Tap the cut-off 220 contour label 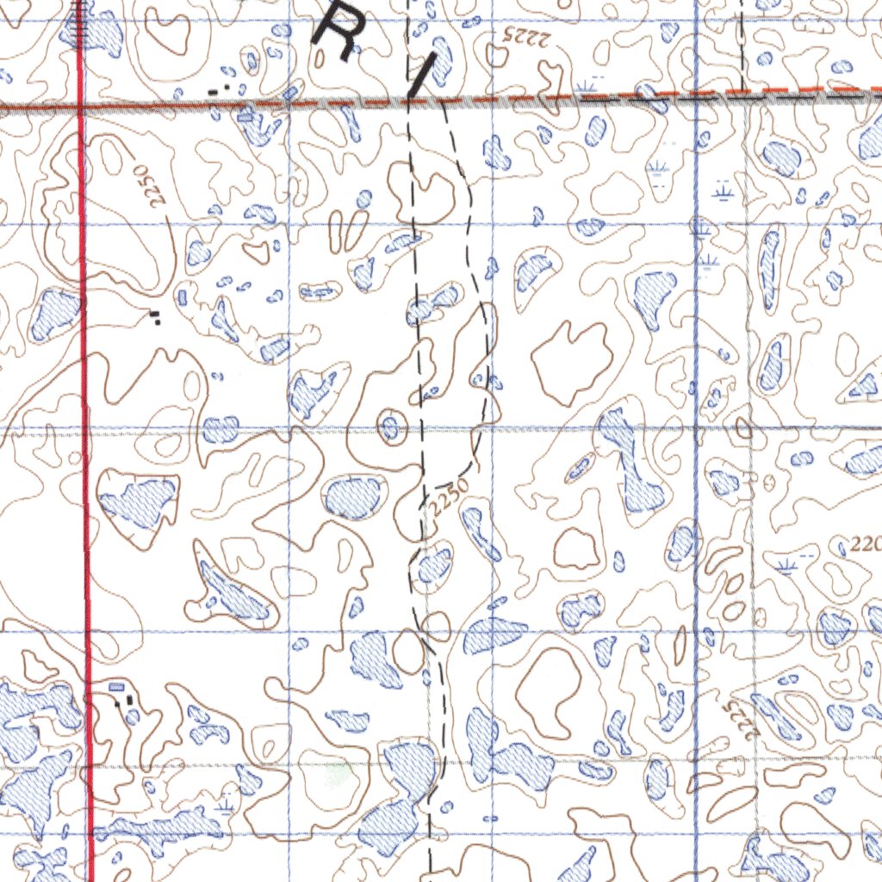864,545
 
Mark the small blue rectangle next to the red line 117,686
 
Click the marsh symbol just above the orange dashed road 590,84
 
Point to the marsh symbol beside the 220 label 785,565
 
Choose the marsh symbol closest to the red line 226,806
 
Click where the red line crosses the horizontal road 80,107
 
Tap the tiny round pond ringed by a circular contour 391,425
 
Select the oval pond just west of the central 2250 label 353,497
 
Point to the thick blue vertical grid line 696,517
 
